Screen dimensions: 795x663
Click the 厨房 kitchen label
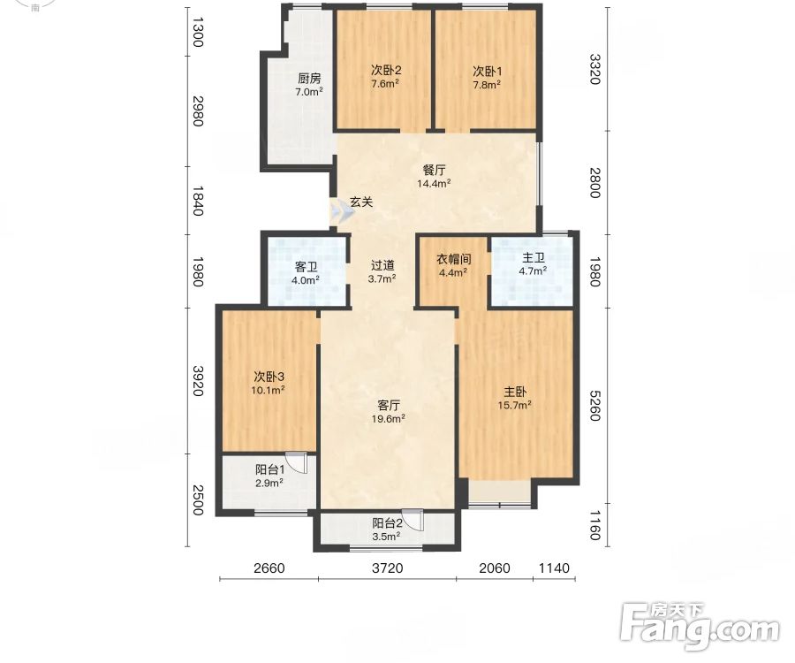click(309, 78)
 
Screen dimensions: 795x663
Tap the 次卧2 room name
click(386, 70)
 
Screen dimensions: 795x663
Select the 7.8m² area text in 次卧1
click(486, 84)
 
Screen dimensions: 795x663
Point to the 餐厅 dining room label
click(434, 170)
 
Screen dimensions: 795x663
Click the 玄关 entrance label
click(361, 202)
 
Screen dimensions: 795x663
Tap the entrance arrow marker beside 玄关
click(341, 212)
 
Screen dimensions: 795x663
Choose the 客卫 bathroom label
click(306, 266)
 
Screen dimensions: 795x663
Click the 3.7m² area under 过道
click(382, 278)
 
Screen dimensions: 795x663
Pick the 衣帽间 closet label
click(454, 259)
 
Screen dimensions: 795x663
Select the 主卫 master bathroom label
click(534, 258)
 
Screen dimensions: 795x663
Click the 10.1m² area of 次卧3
click(268, 390)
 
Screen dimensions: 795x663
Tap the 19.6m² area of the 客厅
click(389, 418)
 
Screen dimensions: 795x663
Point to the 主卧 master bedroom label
click(515, 392)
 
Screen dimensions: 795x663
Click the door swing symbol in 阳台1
click(297, 462)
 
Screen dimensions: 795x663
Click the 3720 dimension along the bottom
click(388, 568)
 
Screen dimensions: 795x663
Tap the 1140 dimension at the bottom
click(554, 568)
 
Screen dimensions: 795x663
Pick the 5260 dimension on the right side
click(594, 406)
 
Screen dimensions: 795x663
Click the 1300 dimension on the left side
click(198, 32)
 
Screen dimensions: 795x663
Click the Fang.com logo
click(700, 627)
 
